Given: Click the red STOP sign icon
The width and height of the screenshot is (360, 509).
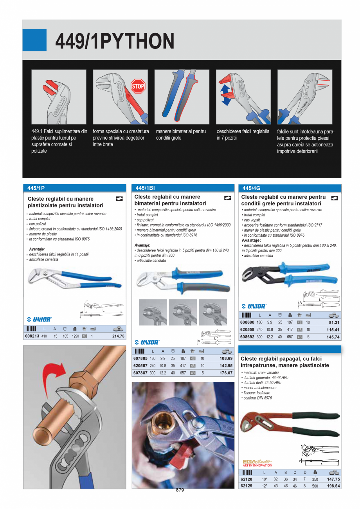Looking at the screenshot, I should coord(138,86).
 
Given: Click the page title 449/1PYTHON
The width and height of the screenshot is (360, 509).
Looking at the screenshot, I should coord(115,41).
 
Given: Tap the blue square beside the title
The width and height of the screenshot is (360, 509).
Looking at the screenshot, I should coord(34,40).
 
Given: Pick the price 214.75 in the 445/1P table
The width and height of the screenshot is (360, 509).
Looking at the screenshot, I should coord(118,336).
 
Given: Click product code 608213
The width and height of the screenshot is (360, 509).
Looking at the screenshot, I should coord(32,336).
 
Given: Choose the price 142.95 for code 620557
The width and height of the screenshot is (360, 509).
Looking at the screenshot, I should coord(226,365).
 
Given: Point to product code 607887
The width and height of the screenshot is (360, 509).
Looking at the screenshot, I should coord(140,373).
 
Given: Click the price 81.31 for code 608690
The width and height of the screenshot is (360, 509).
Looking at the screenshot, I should coord(334,322).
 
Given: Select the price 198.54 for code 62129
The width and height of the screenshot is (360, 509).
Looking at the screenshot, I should coord(333,486).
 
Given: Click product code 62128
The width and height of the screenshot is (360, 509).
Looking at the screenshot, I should coord(246,479).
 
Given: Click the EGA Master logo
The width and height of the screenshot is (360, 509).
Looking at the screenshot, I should coord(257,463).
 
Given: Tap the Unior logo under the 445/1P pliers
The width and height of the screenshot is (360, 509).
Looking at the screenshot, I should coord(39,319).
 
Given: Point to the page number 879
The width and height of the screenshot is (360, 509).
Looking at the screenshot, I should coord(180,490).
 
